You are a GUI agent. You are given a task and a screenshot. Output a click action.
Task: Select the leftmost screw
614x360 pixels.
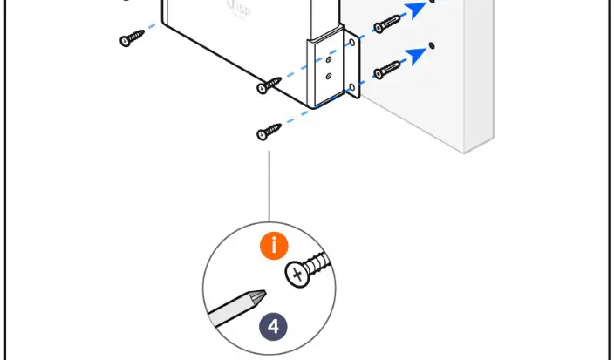click(133, 38)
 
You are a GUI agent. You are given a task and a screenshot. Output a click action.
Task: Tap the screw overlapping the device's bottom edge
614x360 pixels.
click(269, 85)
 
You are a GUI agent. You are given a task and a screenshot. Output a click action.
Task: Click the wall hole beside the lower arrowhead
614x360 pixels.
click(433, 45)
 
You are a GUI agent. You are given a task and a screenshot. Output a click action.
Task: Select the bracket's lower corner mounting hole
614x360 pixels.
click(351, 86)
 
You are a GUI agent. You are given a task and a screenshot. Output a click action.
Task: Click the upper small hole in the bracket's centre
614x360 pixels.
click(328, 61)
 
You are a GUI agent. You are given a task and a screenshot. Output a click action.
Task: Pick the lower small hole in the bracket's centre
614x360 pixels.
click(329, 76)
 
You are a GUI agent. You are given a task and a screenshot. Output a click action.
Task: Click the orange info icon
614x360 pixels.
click(274, 245)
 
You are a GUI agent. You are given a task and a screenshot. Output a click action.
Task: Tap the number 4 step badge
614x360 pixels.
click(274, 327)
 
